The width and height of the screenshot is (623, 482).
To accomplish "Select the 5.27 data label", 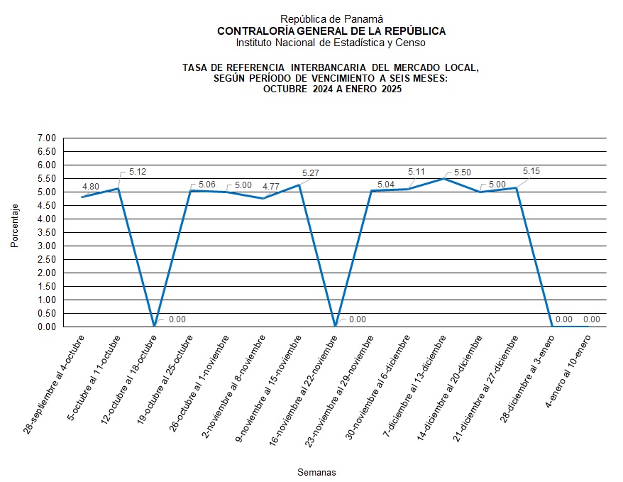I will click(x=310, y=172).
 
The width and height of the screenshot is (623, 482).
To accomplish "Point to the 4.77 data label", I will click(x=272, y=187).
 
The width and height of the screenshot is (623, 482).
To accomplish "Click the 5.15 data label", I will click(x=531, y=171).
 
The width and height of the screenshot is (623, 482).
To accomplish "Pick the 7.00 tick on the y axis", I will click(x=46, y=138).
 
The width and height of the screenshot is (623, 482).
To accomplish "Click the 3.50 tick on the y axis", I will click(x=46, y=232).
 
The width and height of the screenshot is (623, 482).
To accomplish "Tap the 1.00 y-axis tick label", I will click(x=46, y=300).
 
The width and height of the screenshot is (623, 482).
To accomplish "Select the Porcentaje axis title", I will click(x=15, y=226).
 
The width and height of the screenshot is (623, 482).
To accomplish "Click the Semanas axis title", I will click(x=316, y=472).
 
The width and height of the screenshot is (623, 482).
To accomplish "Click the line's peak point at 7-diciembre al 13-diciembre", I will click(x=444, y=178).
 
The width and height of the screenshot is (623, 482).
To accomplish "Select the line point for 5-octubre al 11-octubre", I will click(x=118, y=188).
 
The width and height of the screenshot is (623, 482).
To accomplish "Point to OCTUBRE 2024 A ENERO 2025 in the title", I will click(x=331, y=89).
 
